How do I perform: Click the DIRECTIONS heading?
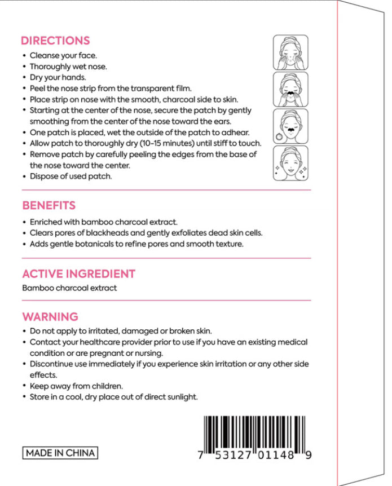[55, 41]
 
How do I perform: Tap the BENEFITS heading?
[49, 205]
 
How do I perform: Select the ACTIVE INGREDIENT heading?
[78, 274]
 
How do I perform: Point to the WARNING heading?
[50, 317]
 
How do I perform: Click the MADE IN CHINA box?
[60, 453]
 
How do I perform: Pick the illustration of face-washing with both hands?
[290, 52]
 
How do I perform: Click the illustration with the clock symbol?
[290, 126]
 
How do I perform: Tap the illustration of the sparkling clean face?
[290, 164]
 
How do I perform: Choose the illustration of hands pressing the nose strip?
[290, 89]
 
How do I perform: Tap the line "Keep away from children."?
[76, 386]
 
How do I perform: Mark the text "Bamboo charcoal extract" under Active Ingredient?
[69, 288]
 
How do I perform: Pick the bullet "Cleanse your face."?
[63, 55]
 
